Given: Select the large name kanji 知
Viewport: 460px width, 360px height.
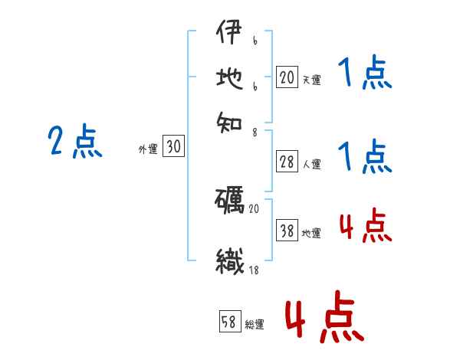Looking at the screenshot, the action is [229, 119].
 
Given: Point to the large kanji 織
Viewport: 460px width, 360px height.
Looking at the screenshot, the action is [229, 261].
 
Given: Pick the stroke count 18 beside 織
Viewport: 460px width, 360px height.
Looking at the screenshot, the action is [255, 270].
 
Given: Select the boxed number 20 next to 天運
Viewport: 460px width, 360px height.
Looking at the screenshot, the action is [286, 77].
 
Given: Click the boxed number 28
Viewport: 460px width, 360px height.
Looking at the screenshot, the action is [286, 162].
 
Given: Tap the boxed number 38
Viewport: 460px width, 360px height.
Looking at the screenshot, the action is [286, 231].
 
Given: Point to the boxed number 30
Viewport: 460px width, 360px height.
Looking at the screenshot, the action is [173, 147].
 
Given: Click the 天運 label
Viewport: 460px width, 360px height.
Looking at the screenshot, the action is [310, 79].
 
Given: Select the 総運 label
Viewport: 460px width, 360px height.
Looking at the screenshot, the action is [255, 324].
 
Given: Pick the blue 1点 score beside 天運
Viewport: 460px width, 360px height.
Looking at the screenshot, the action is [364, 74].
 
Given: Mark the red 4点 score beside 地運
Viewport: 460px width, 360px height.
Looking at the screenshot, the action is [364, 227].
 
